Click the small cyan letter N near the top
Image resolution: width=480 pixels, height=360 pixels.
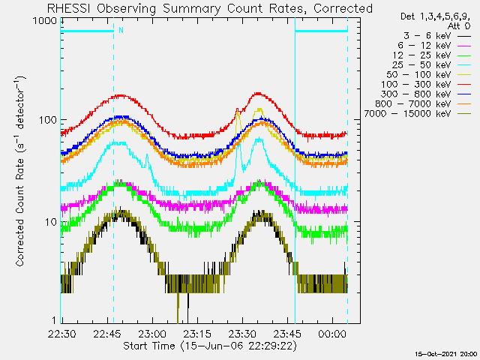pos(120,31)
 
